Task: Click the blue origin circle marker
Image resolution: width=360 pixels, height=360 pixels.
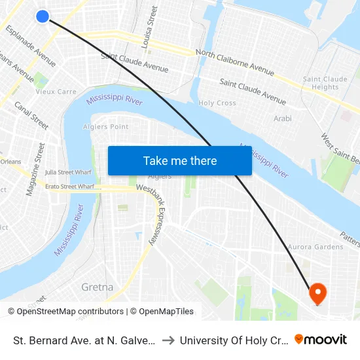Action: [43, 16]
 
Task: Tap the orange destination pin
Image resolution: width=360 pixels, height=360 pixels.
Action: [318, 292]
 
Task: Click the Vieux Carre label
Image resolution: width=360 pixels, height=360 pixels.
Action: [56, 92]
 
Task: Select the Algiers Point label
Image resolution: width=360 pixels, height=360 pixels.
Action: [106, 126]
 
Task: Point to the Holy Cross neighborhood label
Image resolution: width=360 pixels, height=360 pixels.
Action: [217, 103]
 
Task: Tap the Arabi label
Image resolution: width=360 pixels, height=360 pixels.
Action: [283, 119]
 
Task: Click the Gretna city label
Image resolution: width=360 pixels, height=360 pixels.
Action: [97, 287]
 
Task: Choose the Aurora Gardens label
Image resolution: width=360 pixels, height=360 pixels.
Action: [315, 247]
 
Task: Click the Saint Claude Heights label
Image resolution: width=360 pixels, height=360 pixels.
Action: [325, 83]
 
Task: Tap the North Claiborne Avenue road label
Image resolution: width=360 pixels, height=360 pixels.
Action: [234, 62]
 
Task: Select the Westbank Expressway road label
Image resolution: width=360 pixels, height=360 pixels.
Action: [159, 215]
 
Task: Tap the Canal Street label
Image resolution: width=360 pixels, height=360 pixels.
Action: [31, 115]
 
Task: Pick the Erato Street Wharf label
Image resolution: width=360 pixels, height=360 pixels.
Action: [69, 187]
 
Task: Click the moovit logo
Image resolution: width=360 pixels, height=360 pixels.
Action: [321, 339]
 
